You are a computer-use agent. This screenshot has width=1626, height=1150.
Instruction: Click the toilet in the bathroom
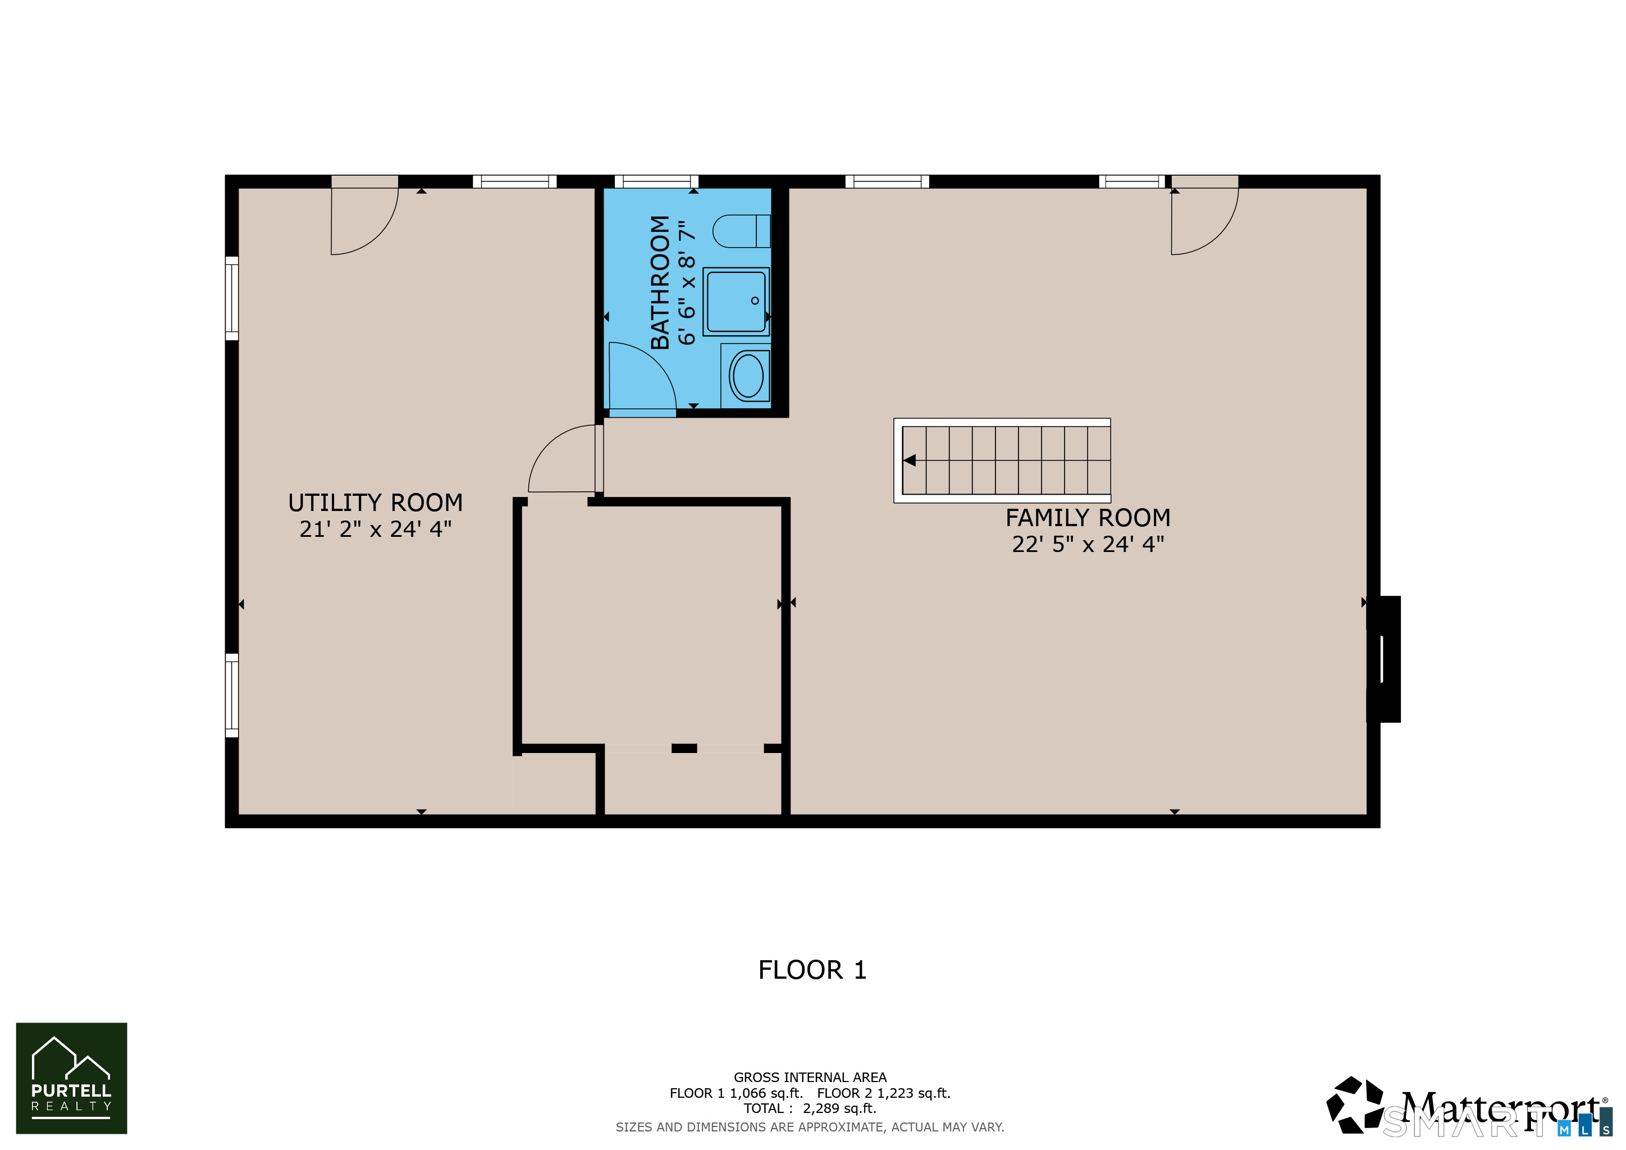tap(740, 231)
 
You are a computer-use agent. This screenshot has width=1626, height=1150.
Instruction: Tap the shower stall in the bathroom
tap(736, 301)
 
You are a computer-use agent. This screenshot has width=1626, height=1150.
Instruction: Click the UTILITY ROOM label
tap(376, 503)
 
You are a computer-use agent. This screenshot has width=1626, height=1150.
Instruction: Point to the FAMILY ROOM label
tap(1088, 518)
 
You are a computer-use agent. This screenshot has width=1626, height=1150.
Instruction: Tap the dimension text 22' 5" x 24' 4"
tap(1088, 545)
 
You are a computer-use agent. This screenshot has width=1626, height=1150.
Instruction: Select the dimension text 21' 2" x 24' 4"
tap(376, 529)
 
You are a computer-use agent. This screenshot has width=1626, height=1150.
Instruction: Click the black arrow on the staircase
tap(910, 461)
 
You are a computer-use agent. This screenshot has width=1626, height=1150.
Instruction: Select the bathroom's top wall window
tap(656, 181)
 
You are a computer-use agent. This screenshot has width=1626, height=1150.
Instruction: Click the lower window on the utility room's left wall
tap(231, 695)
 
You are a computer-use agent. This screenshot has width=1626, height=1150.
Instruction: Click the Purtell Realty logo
tap(71, 1078)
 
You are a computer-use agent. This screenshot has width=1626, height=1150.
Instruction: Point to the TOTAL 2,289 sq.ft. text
tap(810, 1108)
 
